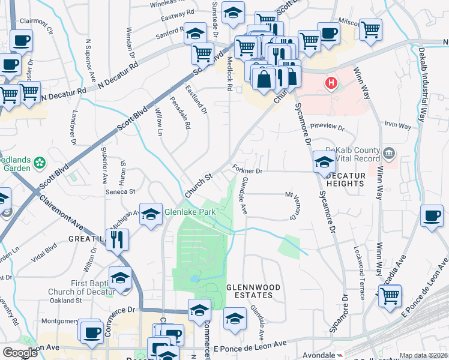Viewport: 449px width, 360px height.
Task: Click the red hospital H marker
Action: tap(330, 83)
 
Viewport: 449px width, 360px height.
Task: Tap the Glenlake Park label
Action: tap(190, 212)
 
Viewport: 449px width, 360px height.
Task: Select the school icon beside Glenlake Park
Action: tap(151, 214)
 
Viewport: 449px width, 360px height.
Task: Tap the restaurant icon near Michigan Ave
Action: tap(118, 239)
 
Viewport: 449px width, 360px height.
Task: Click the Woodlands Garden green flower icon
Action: tap(40, 163)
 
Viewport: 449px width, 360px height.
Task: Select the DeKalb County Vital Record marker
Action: tap(390, 154)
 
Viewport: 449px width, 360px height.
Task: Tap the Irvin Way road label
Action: tap(397, 127)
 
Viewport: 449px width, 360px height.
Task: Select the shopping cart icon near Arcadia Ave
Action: tap(390, 296)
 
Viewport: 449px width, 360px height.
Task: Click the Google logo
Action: tap(20, 353)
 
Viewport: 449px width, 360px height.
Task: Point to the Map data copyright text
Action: tap(423, 355)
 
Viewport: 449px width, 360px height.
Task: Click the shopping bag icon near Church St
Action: tap(264, 78)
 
